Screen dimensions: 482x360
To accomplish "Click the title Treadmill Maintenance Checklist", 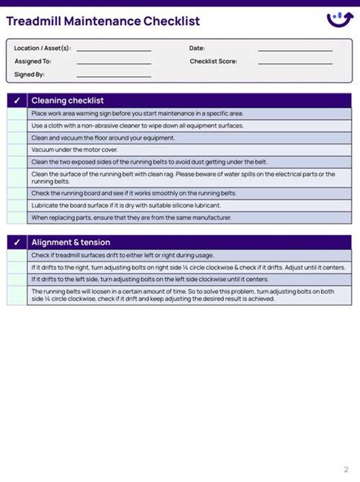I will (103, 21).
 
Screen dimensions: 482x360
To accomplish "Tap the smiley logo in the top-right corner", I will (339, 19).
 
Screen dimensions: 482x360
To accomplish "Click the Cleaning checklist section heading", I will (68, 100).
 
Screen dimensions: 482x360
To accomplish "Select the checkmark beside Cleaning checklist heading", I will (17, 100).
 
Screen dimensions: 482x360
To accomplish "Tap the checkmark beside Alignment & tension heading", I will (17, 243).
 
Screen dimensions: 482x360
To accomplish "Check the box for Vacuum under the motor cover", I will (17, 150).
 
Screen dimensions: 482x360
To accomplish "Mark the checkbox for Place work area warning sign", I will (17, 113).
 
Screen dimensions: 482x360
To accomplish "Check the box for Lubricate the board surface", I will (17, 205).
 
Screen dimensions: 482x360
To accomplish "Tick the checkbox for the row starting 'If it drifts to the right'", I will (17, 268).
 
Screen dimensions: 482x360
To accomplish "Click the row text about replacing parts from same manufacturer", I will (131, 217).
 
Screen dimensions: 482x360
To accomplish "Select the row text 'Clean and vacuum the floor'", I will (103, 138).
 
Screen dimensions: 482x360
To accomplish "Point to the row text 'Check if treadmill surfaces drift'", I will (122, 255).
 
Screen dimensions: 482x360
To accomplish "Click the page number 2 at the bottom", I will (346, 469).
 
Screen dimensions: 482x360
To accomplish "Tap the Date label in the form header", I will (197, 48).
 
